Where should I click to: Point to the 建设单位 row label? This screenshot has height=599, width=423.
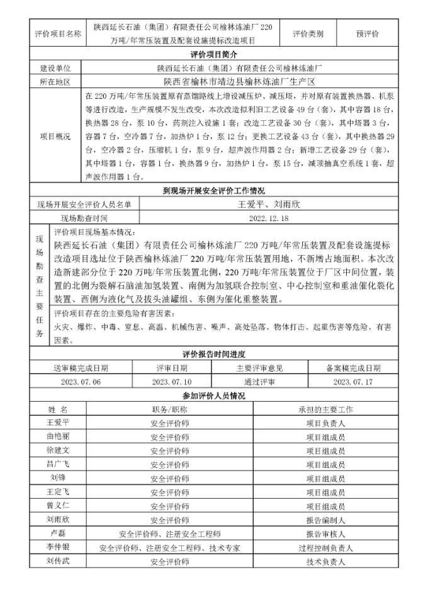pyautogui.click(x=55, y=68)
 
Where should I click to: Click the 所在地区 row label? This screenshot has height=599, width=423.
pyautogui.click(x=55, y=81)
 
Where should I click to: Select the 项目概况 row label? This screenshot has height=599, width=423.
pyautogui.click(x=55, y=135)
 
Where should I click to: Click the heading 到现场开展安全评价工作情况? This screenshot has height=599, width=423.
pyautogui.click(x=211, y=191)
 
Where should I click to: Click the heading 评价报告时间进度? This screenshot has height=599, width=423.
pyautogui.click(x=211, y=355)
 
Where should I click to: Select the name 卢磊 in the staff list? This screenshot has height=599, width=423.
pyautogui.click(x=57, y=533)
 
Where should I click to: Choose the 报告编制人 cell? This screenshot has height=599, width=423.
pyautogui.click(x=325, y=519)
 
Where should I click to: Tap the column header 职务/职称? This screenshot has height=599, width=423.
pyautogui.click(x=169, y=409)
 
